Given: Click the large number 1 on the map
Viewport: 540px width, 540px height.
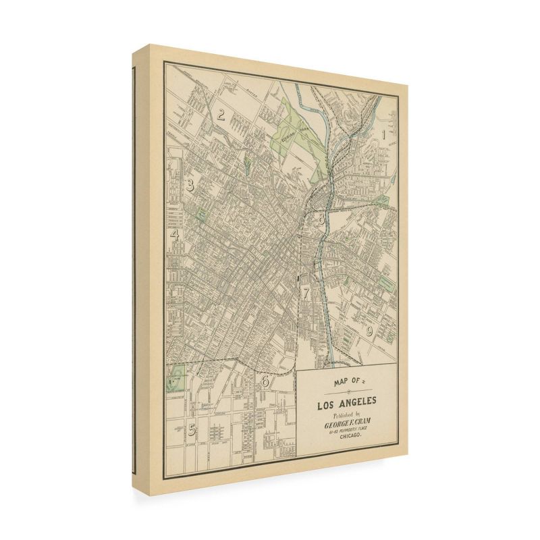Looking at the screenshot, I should click(x=385, y=134).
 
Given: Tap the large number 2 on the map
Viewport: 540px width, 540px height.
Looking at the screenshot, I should click(x=221, y=115).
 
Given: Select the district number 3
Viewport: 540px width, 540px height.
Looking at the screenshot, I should click(x=191, y=185).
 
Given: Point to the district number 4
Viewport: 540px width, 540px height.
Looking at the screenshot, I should click(x=174, y=235).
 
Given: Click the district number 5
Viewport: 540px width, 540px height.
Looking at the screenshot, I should click(x=192, y=429).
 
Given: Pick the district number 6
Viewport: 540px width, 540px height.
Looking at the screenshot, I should click(x=265, y=382).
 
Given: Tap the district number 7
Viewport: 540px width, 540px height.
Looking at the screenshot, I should click(x=306, y=293).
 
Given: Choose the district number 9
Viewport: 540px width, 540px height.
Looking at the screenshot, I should click(x=369, y=331).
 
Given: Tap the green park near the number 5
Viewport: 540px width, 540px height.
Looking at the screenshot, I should click(x=175, y=378).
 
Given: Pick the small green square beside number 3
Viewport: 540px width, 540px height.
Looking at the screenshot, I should click(x=201, y=215).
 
